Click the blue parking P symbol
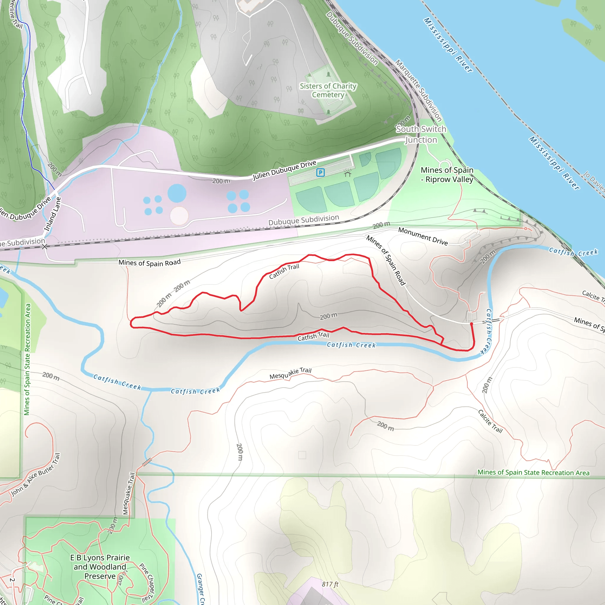(x=320, y=172)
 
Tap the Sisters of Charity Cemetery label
(x=328, y=90)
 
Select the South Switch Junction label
(x=421, y=134)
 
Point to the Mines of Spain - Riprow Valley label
(x=447, y=175)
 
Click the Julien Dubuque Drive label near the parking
(x=285, y=170)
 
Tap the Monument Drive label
(x=423, y=236)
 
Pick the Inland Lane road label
(x=52, y=214)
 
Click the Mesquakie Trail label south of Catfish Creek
(x=290, y=373)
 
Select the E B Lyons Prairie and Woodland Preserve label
(x=100, y=567)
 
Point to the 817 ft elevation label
(x=330, y=584)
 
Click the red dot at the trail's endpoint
(x=471, y=324)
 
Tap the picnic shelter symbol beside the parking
(x=347, y=173)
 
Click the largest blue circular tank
(x=177, y=193)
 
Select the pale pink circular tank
(x=179, y=215)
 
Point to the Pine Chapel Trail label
(x=147, y=583)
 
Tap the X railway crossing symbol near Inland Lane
(x=45, y=247)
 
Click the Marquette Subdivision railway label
(x=418, y=90)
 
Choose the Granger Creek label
(x=200, y=589)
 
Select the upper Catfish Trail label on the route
(x=284, y=271)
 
